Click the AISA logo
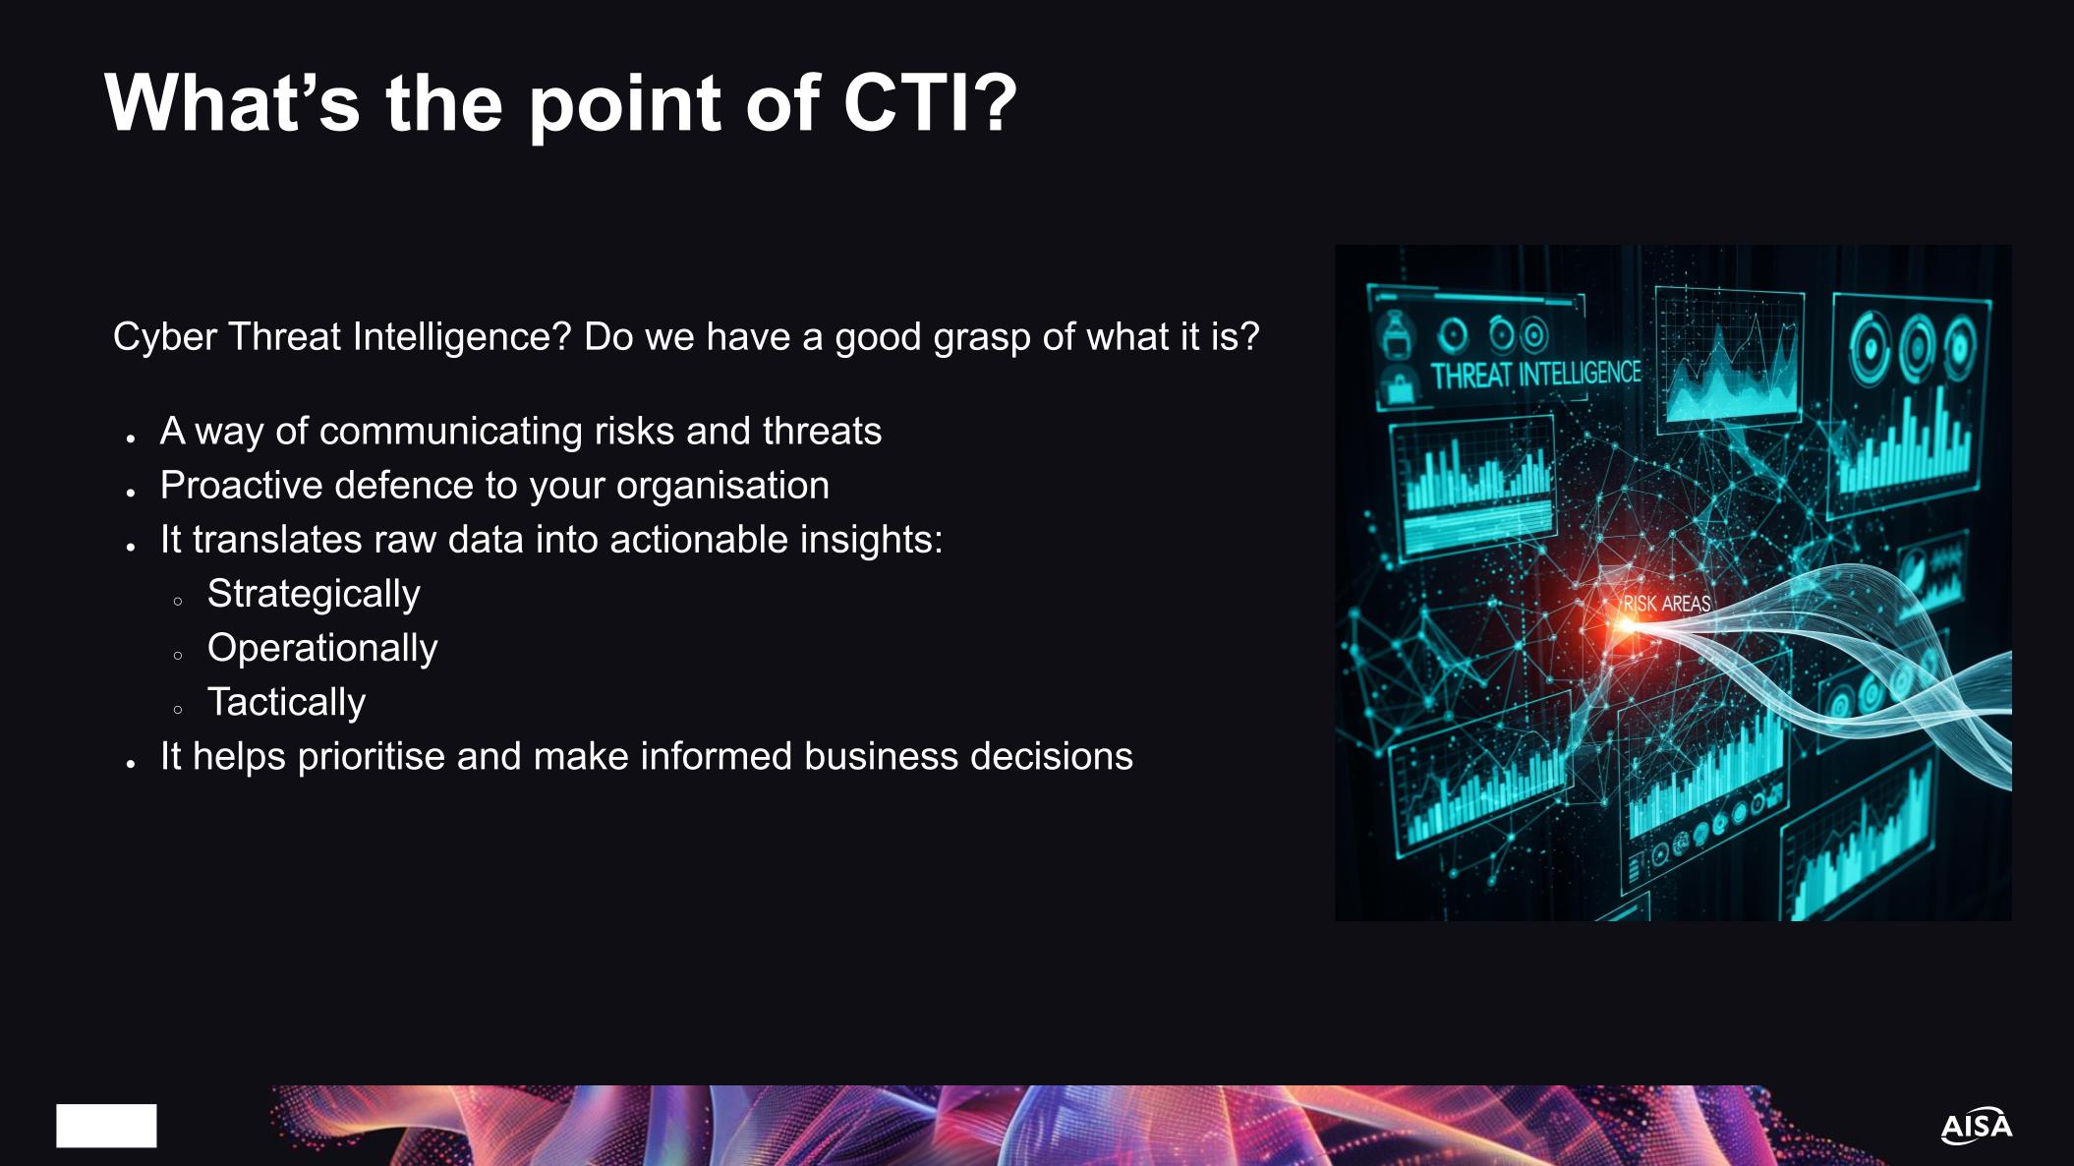(x=1976, y=1126)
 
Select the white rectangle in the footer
(x=106, y=1125)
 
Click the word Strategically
(x=314, y=594)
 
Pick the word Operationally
(x=322, y=648)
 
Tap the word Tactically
(x=286, y=702)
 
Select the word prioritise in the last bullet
(x=371, y=756)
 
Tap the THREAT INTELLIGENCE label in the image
(x=1535, y=375)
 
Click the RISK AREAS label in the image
(x=1667, y=603)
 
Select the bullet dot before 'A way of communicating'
(x=131, y=437)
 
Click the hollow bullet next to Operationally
(x=178, y=655)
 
